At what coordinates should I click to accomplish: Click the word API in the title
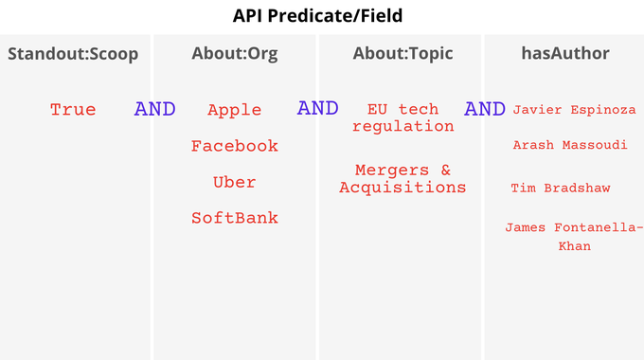pyautogui.click(x=250, y=17)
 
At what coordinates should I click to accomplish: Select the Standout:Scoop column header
pyautogui.click(x=73, y=54)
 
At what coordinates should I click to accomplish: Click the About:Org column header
pyautogui.click(x=235, y=54)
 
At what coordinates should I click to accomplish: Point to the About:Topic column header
pyautogui.click(x=402, y=54)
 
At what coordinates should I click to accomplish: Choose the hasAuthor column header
pyautogui.click(x=565, y=54)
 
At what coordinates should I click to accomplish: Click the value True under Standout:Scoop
pyautogui.click(x=73, y=110)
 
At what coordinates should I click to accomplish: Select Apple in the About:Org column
pyautogui.click(x=235, y=110)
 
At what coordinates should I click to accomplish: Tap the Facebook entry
pyautogui.click(x=235, y=146)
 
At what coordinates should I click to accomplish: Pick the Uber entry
pyautogui.click(x=235, y=182)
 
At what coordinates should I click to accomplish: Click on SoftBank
pyautogui.click(x=235, y=218)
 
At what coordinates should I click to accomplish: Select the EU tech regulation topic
pyautogui.click(x=402, y=118)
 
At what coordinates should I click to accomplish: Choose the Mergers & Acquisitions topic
pyautogui.click(x=402, y=179)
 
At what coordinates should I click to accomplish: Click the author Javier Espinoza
pyautogui.click(x=574, y=110)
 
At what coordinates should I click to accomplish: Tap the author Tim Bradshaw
pyautogui.click(x=561, y=189)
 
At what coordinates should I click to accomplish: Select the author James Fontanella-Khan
pyautogui.click(x=574, y=237)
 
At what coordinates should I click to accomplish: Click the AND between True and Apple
pyautogui.click(x=154, y=109)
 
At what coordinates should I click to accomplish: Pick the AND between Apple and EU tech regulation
pyautogui.click(x=318, y=108)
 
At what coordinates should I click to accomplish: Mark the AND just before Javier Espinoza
pyautogui.click(x=485, y=109)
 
